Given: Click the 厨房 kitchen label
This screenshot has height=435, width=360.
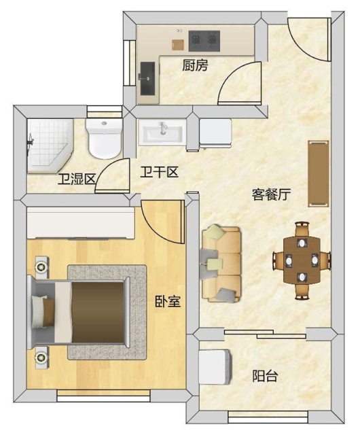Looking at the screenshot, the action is pyautogui.click(x=195, y=65).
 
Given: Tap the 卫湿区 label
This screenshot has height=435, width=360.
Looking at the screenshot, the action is pyautogui.click(x=77, y=179).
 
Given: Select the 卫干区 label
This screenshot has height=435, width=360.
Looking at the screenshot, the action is pyautogui.click(x=159, y=172).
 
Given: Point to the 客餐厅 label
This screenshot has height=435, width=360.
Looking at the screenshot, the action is pyautogui.click(x=271, y=194).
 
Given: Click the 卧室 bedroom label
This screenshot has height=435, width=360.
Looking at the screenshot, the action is pyautogui.click(x=168, y=301).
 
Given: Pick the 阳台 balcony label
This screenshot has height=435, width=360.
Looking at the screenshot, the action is pyautogui.click(x=265, y=376).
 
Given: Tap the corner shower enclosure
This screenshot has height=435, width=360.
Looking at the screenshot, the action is pyautogui.click(x=50, y=145).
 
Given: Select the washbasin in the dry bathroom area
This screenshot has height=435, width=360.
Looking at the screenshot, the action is pyautogui.click(x=162, y=133).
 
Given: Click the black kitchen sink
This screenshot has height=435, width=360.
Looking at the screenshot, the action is pyautogui.click(x=147, y=79).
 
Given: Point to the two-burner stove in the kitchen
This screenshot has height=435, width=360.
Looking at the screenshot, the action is pyautogui.click(x=204, y=41).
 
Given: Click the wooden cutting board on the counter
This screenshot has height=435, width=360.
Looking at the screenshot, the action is pyautogui.click(x=178, y=45).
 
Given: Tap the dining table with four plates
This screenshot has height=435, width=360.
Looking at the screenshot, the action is pyautogui.click(x=302, y=260).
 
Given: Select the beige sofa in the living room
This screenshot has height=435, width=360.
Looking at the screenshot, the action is pyautogui.click(x=221, y=264).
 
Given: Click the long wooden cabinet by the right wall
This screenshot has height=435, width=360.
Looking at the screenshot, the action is pyautogui.click(x=319, y=173).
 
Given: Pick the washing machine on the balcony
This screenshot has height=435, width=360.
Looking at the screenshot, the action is pyautogui.click(x=215, y=367).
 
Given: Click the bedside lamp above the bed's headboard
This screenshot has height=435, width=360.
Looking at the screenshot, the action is pyautogui.click(x=41, y=267).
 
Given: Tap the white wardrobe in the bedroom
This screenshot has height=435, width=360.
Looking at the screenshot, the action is pyautogui.click(x=81, y=223).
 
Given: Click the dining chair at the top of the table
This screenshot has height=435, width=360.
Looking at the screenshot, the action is pyautogui.click(x=302, y=229).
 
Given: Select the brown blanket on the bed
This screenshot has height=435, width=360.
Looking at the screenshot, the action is pyautogui.click(x=98, y=313).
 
